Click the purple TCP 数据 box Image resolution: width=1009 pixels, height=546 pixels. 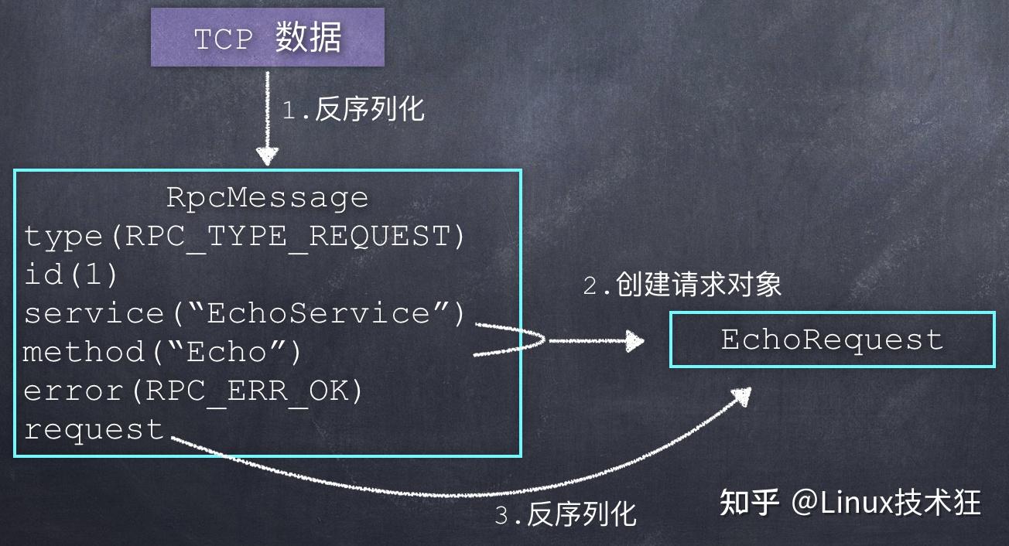coord(267,38)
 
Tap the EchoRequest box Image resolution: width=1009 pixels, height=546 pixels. coord(832,340)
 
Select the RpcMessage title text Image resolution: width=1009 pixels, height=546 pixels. coord(267,198)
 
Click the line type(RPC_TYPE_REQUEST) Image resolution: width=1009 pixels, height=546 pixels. coord(245,237)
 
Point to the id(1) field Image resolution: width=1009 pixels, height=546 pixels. coord(70,275)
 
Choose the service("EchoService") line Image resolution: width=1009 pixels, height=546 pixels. coord(245,313)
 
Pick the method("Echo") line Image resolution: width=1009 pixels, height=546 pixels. coord(162,352)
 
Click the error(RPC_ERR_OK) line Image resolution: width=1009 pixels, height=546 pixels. coord(193,391)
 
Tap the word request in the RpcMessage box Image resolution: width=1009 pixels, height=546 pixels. coord(94,428)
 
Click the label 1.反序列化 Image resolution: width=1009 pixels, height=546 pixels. coord(353,110)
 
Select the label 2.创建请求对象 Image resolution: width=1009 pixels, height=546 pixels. coord(682,285)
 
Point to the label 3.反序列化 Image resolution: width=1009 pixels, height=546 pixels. coord(565,514)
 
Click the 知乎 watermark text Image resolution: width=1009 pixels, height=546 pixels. coord(748,503)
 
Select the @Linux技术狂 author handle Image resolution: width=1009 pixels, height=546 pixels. coord(886,503)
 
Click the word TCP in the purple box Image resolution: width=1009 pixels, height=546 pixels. coord(224,39)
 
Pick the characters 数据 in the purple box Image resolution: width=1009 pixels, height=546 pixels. coord(308,38)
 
